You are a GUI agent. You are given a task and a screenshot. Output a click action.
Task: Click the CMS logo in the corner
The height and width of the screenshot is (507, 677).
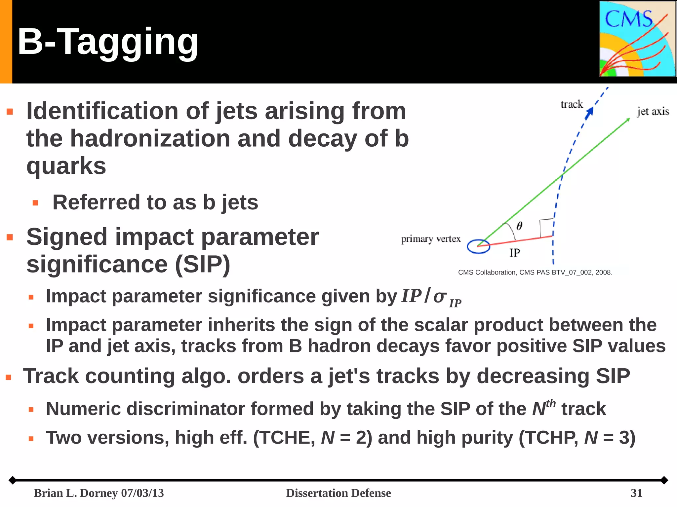637,39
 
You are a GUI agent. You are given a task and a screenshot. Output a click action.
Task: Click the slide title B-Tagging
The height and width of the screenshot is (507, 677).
108,42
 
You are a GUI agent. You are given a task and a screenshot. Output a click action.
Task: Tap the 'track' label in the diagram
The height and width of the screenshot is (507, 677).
572,104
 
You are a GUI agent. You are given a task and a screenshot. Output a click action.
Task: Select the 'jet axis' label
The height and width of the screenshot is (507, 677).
653,112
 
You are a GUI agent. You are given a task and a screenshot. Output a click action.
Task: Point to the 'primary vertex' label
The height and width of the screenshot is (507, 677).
431,239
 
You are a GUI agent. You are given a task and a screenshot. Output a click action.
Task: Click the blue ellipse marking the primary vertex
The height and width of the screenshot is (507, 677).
478,246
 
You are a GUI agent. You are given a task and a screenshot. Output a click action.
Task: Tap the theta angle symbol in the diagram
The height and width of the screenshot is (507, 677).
519,226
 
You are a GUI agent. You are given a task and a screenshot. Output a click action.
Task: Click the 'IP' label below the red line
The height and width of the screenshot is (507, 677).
515,253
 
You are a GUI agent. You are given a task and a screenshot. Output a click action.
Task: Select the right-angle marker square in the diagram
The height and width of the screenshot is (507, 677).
547,228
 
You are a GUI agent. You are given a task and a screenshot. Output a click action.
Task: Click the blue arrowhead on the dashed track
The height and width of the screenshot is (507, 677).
589,113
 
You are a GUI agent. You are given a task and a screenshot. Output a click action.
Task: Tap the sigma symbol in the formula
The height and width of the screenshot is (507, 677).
440,296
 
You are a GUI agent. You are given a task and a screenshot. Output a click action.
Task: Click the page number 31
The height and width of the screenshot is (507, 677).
636,493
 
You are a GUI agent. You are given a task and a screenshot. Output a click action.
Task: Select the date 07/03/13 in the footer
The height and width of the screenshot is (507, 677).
142,493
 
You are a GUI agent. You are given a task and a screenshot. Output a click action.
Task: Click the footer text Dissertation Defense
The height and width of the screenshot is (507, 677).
338,493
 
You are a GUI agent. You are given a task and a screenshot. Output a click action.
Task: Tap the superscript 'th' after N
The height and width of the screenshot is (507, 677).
551,403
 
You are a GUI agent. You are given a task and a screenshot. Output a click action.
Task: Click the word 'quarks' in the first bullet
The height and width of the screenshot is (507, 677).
66,166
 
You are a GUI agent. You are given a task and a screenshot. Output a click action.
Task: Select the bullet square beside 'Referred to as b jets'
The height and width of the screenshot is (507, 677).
36,203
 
